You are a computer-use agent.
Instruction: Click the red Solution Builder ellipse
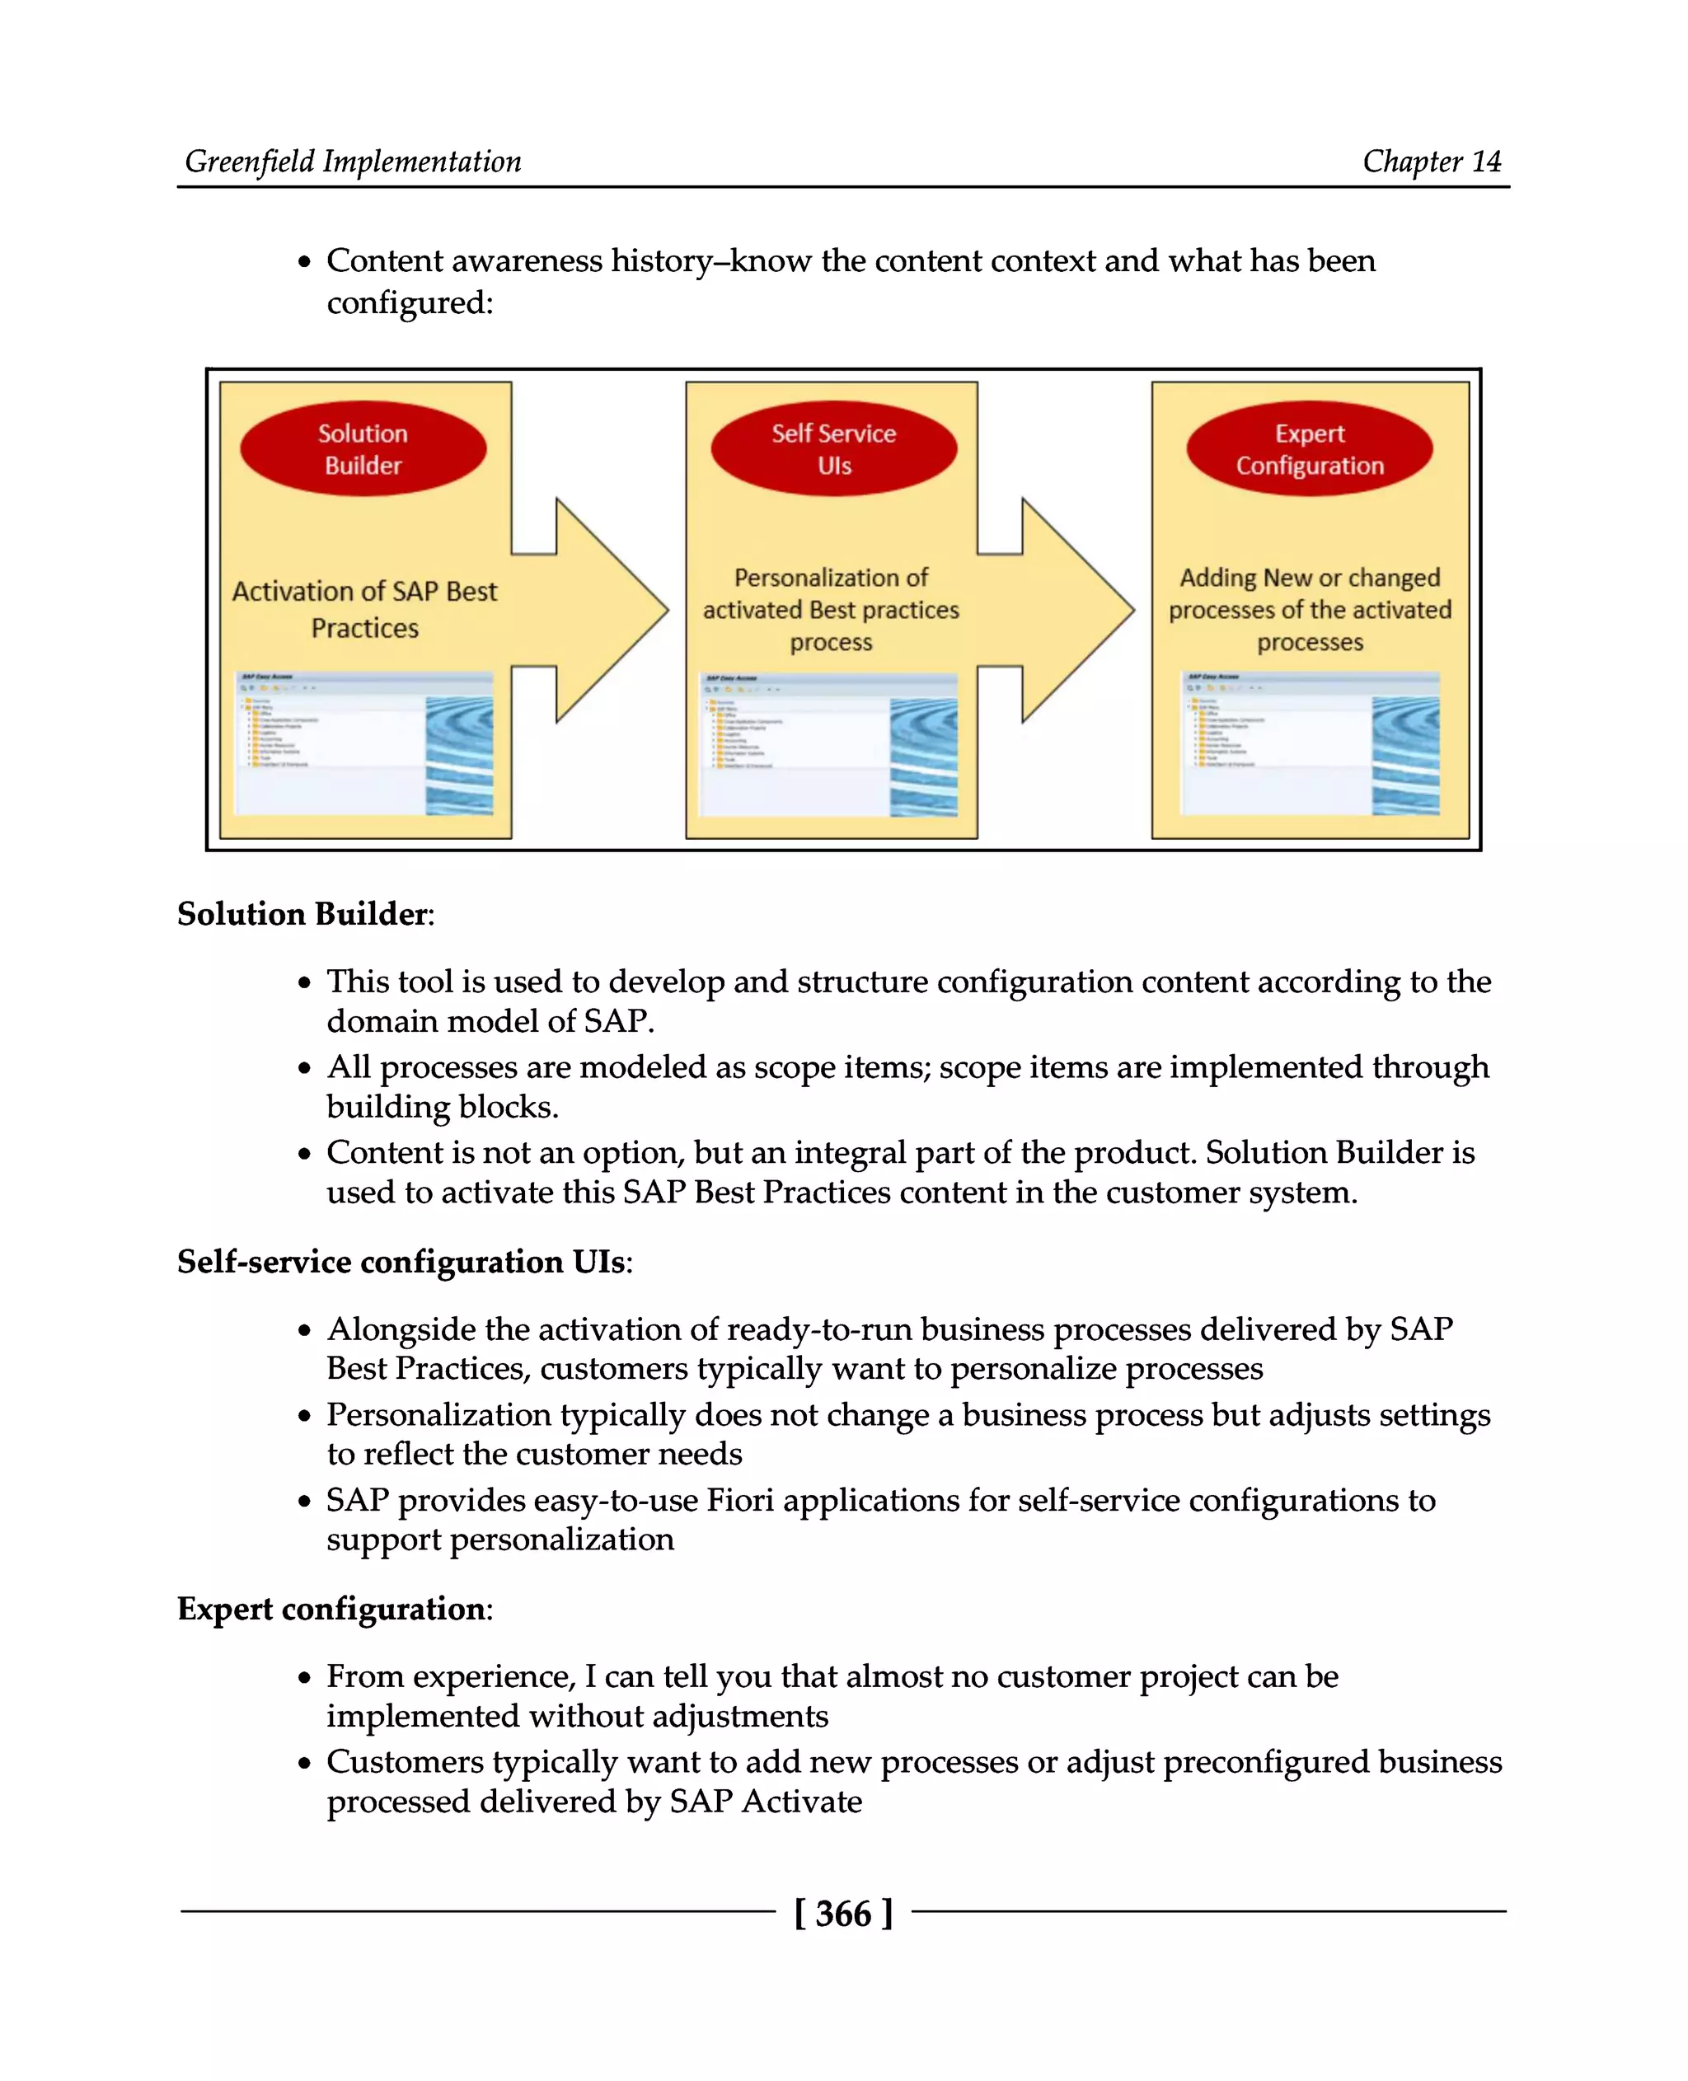[x=363, y=449]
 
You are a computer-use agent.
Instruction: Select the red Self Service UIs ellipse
[x=833, y=449]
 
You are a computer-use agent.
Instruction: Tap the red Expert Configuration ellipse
[x=1309, y=449]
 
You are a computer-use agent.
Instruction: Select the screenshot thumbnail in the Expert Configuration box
[x=1309, y=743]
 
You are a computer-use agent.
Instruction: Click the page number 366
[x=843, y=1914]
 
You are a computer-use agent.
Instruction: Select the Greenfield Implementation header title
[x=353, y=162]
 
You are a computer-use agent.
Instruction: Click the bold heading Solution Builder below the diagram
[x=302, y=914]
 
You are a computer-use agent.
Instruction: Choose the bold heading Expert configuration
[x=331, y=1609]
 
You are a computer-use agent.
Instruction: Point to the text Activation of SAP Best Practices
[x=364, y=609]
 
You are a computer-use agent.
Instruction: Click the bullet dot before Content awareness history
[x=305, y=263]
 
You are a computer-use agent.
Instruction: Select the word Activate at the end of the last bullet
[x=801, y=1802]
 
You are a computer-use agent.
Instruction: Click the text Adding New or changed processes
[x=1309, y=609]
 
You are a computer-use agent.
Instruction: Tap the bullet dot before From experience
[x=305, y=1679]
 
